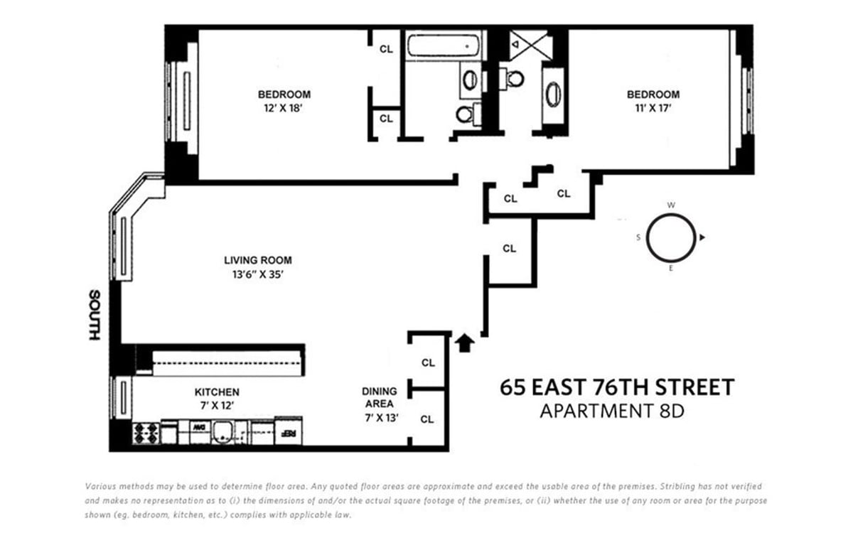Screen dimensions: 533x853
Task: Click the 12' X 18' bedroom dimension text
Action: click(x=284, y=109)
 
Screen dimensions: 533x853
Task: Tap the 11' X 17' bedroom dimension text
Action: click(x=653, y=109)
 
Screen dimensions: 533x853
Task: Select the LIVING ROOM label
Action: click(x=257, y=260)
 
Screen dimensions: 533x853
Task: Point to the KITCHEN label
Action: click(x=217, y=392)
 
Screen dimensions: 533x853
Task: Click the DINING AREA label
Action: click(x=379, y=397)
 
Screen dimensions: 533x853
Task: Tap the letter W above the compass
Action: click(x=671, y=205)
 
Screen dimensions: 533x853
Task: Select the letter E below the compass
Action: click(x=671, y=269)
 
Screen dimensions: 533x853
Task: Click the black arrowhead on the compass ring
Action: click(x=702, y=237)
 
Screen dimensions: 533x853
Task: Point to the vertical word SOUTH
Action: click(x=93, y=315)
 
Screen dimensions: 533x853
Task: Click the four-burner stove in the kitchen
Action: click(x=145, y=431)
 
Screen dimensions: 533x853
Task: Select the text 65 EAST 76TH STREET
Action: click(x=616, y=388)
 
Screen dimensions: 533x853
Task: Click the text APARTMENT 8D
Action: click(x=611, y=411)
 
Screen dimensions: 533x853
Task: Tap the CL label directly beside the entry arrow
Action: click(x=427, y=362)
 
